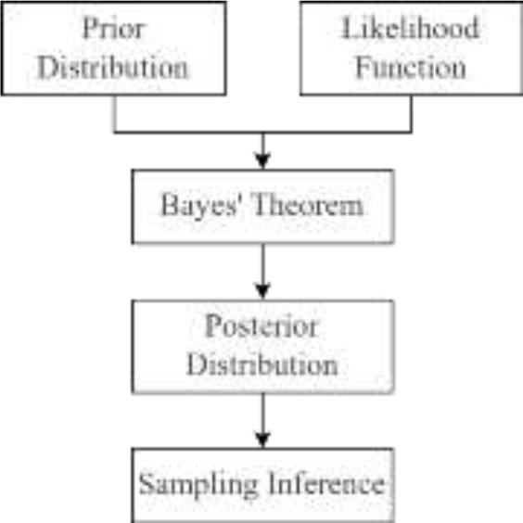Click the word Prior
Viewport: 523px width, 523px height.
[113, 28]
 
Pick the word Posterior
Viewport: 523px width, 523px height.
[261, 327]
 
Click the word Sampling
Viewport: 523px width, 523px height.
[193, 483]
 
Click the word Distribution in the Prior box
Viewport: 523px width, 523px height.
[113, 67]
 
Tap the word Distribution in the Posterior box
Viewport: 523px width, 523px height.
[261, 364]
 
